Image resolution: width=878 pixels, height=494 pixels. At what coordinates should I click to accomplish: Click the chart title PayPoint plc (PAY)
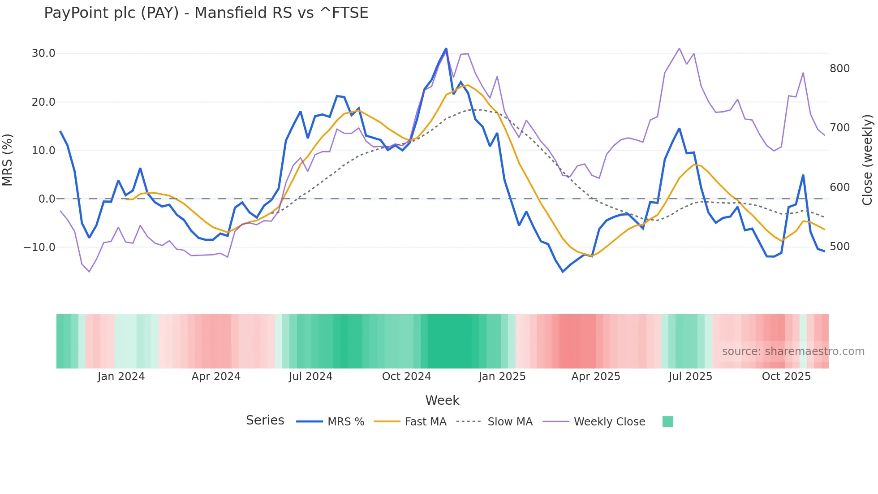click(x=206, y=13)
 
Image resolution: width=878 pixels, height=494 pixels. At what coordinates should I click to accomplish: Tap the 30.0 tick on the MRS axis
click(x=43, y=53)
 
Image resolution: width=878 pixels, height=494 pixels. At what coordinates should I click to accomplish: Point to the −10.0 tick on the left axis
click(x=39, y=247)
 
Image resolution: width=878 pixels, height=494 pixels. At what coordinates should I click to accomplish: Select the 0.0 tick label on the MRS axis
click(x=47, y=199)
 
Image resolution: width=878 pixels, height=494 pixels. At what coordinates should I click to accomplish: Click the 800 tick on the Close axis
click(x=839, y=69)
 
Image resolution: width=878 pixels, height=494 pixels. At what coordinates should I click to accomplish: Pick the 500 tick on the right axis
click(x=839, y=247)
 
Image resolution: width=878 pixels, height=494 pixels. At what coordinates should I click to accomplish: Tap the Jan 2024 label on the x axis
click(x=121, y=377)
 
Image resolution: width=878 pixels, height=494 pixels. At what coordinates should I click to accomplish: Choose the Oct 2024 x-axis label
click(x=406, y=377)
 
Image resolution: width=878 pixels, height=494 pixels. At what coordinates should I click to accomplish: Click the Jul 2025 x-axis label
click(x=690, y=377)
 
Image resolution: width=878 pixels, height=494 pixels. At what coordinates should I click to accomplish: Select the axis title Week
click(x=442, y=400)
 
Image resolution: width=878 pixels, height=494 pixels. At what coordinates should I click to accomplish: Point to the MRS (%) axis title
click(x=8, y=160)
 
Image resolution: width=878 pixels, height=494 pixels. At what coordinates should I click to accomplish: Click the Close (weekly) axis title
click(x=868, y=160)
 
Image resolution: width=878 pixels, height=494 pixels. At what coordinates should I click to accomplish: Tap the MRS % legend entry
click(x=345, y=422)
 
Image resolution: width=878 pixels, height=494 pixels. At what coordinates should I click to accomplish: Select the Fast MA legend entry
click(x=425, y=422)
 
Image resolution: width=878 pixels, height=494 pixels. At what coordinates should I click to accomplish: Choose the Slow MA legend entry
click(x=510, y=422)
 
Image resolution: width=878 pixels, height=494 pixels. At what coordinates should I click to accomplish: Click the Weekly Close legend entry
click(x=609, y=422)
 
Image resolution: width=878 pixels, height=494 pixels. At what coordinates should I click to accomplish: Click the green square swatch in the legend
click(x=667, y=421)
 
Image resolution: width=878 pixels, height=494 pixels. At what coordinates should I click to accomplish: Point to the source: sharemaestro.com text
click(x=793, y=351)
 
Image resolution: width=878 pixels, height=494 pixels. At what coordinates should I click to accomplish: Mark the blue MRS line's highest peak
click(x=446, y=49)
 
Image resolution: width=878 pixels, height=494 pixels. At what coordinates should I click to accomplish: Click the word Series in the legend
click(x=265, y=420)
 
